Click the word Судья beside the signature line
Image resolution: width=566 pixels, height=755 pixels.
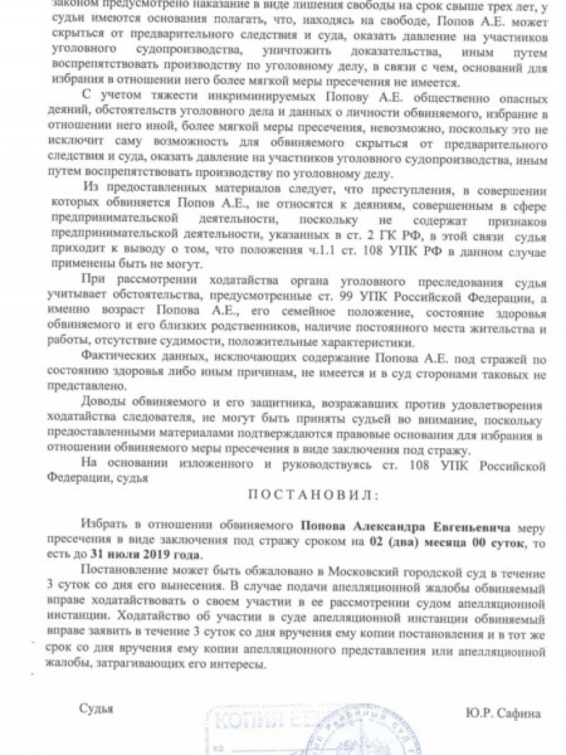pos(96,708)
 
